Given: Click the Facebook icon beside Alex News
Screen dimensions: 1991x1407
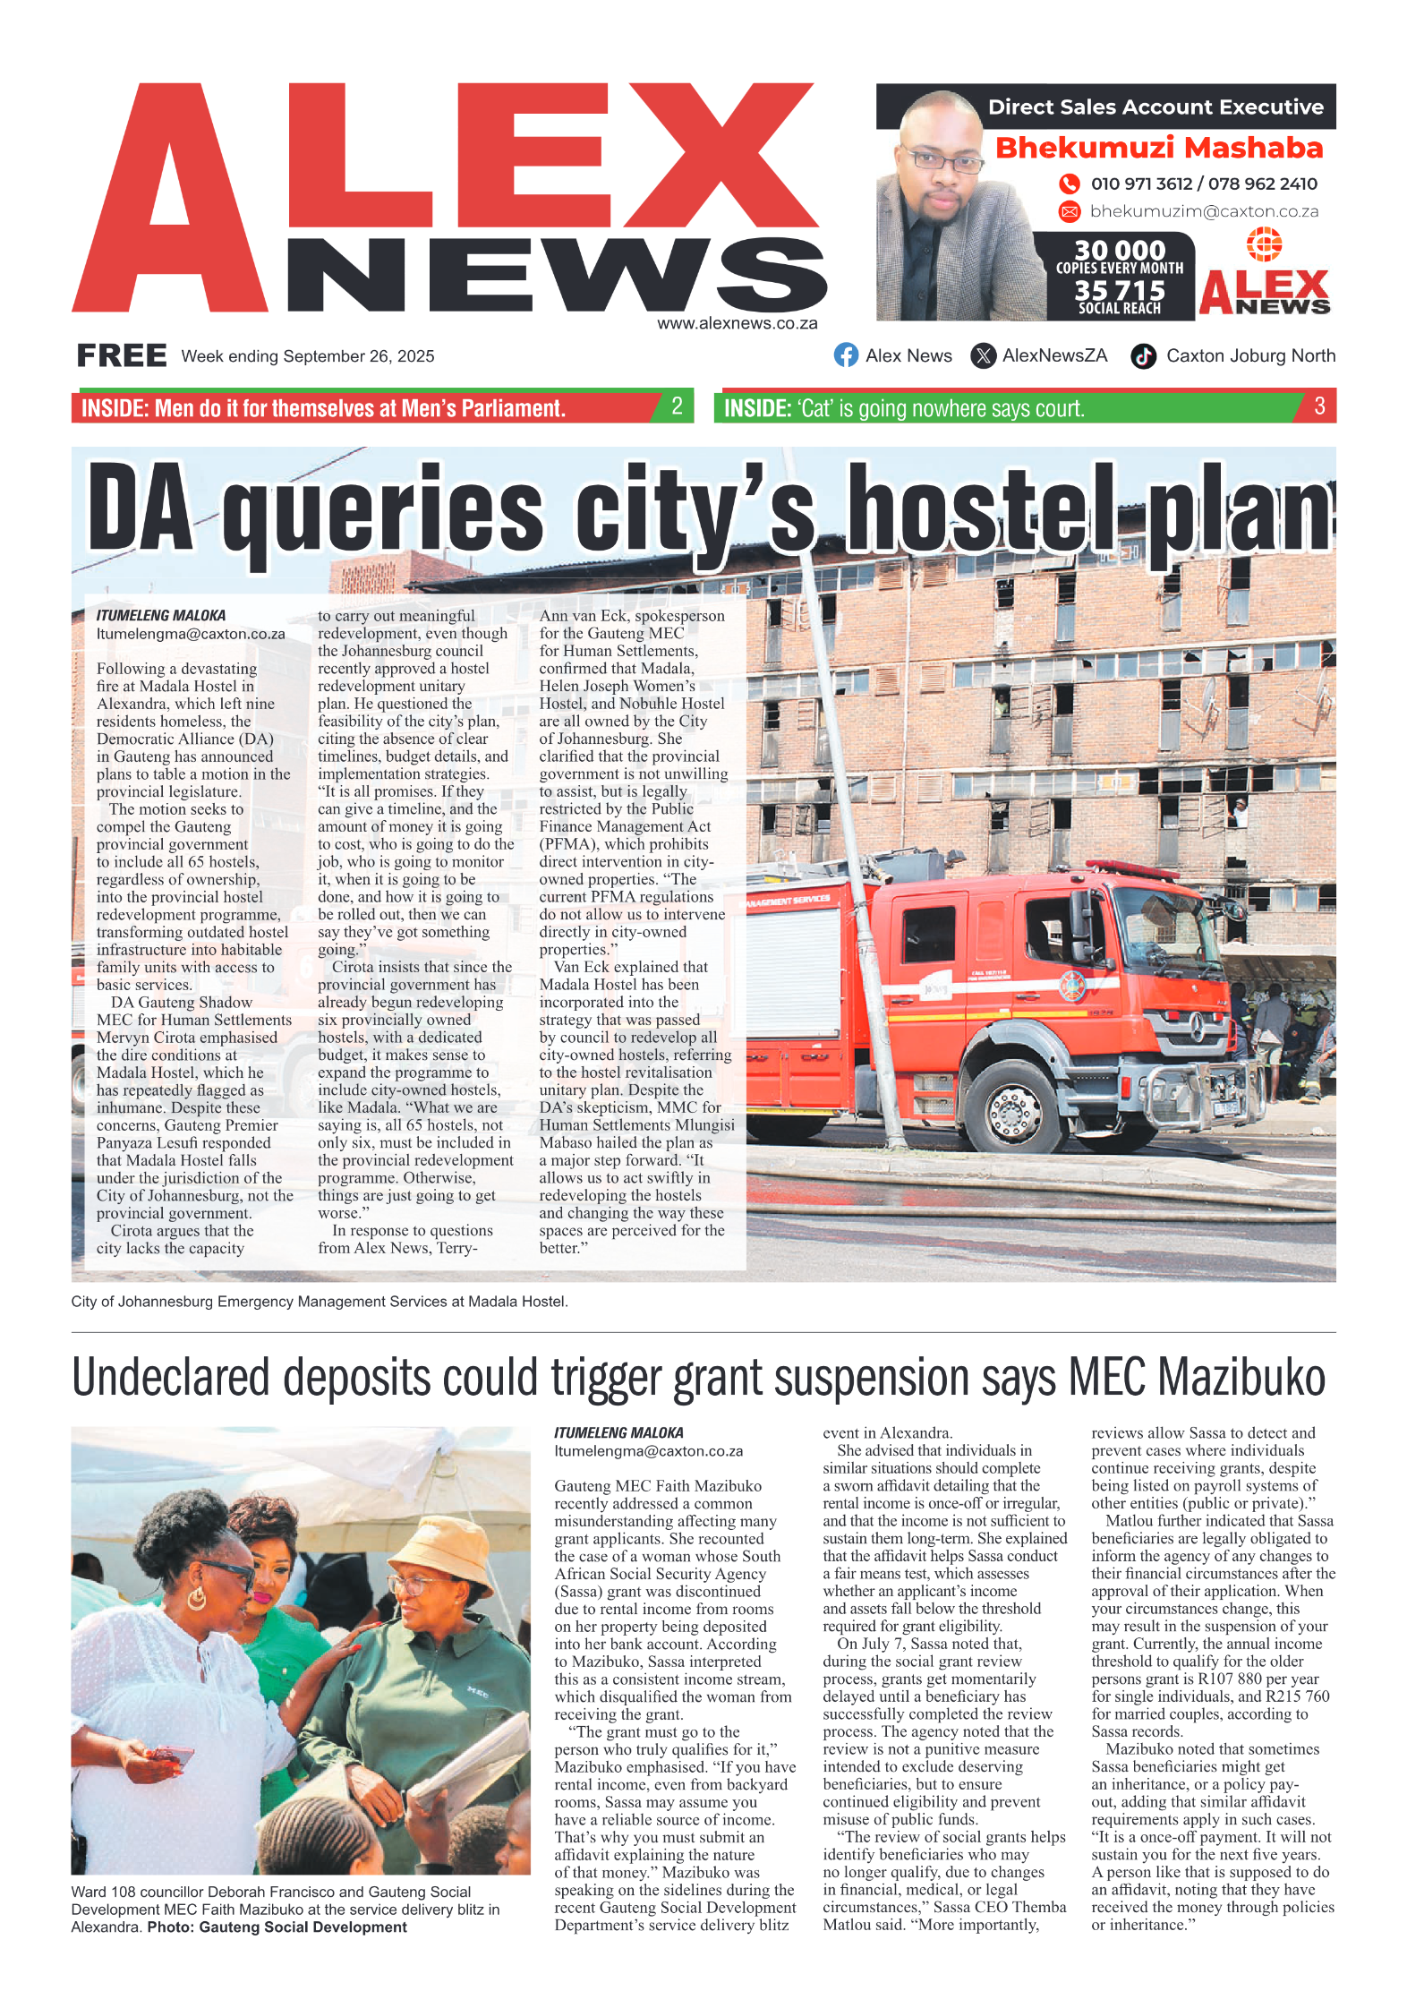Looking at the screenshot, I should pos(846,355).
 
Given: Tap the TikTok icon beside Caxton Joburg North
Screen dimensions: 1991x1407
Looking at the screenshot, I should pos(1143,356).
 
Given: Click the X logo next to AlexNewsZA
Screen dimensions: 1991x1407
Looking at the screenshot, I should pos(983,355).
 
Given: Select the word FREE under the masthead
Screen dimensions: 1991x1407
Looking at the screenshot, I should pos(122,355).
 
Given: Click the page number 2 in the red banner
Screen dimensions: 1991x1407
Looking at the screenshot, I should pos(677,406).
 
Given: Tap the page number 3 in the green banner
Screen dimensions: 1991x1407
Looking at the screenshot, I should pos(1319,406).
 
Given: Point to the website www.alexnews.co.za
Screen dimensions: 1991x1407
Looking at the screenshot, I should pos(737,323).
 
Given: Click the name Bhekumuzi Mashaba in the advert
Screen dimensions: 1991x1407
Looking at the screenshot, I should pos(1158,148).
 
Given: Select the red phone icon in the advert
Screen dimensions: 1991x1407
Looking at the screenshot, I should pos(1069,184).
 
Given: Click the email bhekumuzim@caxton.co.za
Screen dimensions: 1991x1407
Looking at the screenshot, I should pos(1204,211).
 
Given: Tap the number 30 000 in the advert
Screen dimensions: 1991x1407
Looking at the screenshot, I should pos(1120,250).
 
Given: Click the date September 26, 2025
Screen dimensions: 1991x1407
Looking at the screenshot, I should pos(358,356).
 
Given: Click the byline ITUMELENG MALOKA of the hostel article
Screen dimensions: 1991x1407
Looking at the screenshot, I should pos(161,615).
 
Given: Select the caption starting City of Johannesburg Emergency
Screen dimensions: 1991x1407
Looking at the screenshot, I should pos(320,1301).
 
